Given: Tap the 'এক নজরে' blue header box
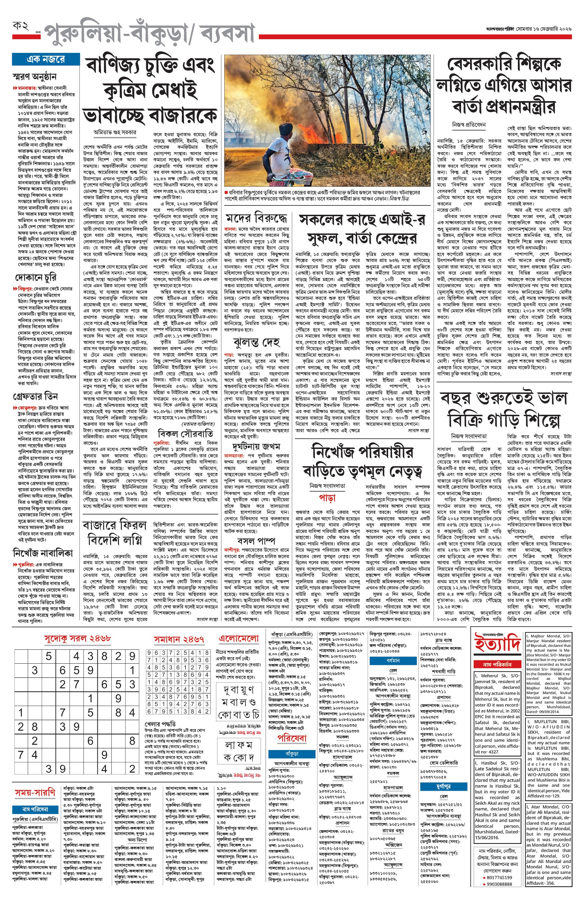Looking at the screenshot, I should [x=46, y=59].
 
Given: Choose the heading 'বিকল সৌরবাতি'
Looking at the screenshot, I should [x=185, y=433].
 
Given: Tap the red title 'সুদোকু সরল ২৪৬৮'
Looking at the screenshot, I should [x=77, y=639].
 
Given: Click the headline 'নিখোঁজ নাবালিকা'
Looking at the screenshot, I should [x=42, y=553].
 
